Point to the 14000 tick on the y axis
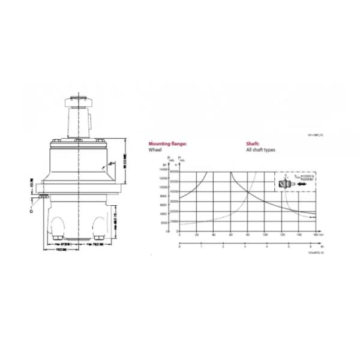(x=163, y=170)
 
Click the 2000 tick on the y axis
(x=163, y=223)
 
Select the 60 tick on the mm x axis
(x=231, y=235)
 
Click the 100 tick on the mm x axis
(x=265, y=235)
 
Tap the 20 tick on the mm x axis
(x=196, y=235)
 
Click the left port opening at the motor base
(x=59, y=224)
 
